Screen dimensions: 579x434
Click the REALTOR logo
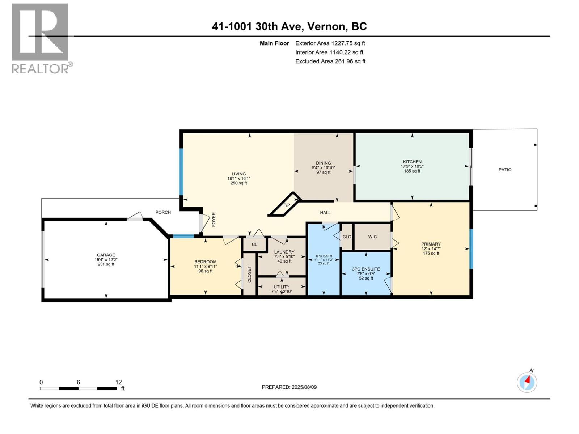(42, 38)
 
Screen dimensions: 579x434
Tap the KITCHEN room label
(412, 162)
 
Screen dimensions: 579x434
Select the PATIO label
(505, 170)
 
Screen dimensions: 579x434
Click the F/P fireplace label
(287, 205)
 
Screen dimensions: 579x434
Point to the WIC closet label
(372, 237)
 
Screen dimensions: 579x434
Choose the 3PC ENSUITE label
(366, 269)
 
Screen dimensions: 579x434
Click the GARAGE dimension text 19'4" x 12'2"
(106, 260)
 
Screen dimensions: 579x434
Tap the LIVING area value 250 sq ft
(239, 183)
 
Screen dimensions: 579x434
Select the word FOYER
(214, 220)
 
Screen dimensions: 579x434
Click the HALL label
(325, 213)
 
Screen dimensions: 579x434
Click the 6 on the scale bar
(78, 382)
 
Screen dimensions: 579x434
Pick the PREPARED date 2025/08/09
(304, 387)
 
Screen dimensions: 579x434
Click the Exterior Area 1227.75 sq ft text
(330, 43)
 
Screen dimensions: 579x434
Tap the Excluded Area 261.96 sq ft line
(330, 61)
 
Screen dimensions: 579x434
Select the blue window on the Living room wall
(181, 172)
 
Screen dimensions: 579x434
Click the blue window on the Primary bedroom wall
(472, 249)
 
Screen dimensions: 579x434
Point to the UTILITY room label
(282, 287)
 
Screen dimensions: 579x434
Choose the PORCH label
(163, 212)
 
